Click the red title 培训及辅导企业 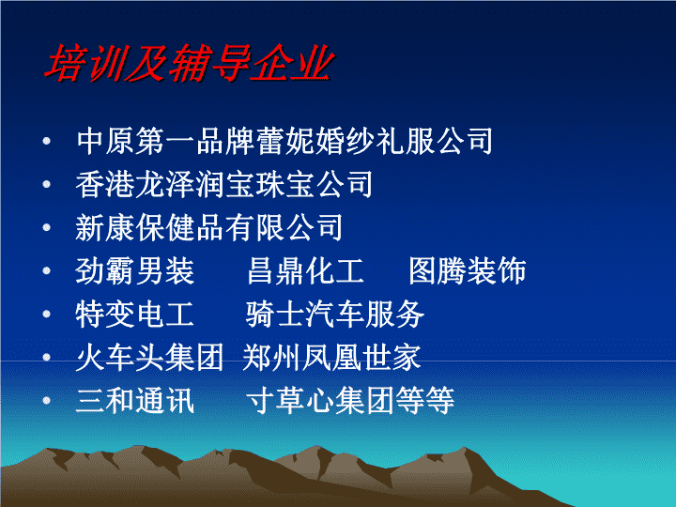coord(190,63)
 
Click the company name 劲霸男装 coord(135,270)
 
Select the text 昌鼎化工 coord(306,270)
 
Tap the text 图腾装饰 coord(468,270)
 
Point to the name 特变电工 coord(134,314)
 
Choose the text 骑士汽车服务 coord(335,314)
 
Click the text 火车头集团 coord(149,358)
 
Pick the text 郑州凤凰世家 coord(331,358)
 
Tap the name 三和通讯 coord(135,401)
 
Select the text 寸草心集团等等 coord(350,401)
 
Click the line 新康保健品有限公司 coord(209,227)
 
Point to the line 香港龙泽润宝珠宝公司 coord(224,184)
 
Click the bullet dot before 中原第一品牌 coord(47,141)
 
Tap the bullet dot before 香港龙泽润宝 coord(47,184)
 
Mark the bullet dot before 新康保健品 coord(47,227)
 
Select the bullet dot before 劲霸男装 coord(47,270)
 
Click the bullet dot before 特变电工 coord(47,314)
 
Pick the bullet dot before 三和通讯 coord(47,401)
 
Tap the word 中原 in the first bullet coord(105,141)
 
